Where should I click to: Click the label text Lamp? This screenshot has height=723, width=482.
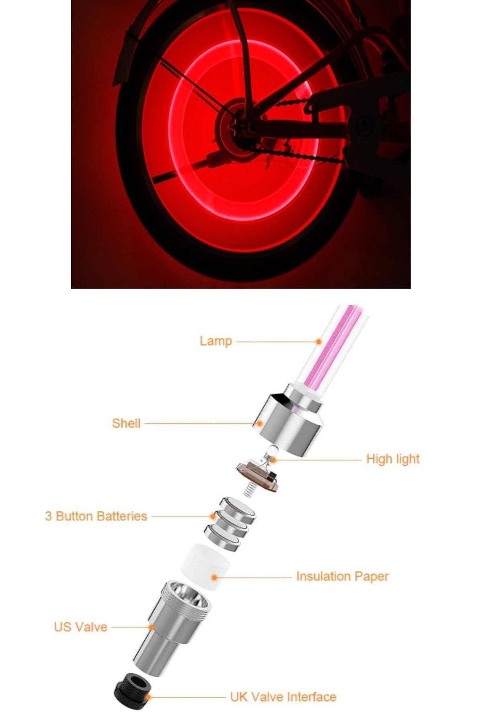coord(216,341)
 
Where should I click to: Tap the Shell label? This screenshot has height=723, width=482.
coord(126,423)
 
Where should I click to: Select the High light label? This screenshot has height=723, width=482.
coord(393,459)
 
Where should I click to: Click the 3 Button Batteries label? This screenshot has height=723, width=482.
coord(96,516)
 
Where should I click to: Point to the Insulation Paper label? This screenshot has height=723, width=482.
coord(342,576)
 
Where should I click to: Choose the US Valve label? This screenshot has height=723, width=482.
coord(80,627)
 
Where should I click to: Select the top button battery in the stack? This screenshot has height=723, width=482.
coord(239,510)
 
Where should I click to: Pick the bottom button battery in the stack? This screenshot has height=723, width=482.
coord(222,537)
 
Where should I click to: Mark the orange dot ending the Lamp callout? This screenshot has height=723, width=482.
coord(319,341)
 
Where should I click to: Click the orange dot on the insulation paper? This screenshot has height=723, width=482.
coord(214,578)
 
